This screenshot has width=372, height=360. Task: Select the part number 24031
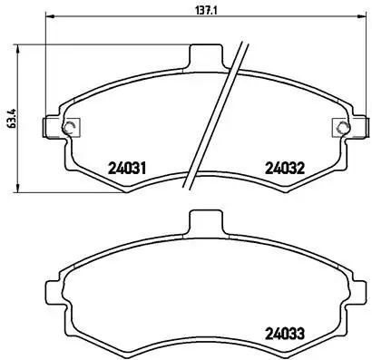pos(127,167)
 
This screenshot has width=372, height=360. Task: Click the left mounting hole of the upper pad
pos(70,127)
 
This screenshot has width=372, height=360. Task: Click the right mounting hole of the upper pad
pos(339,127)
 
